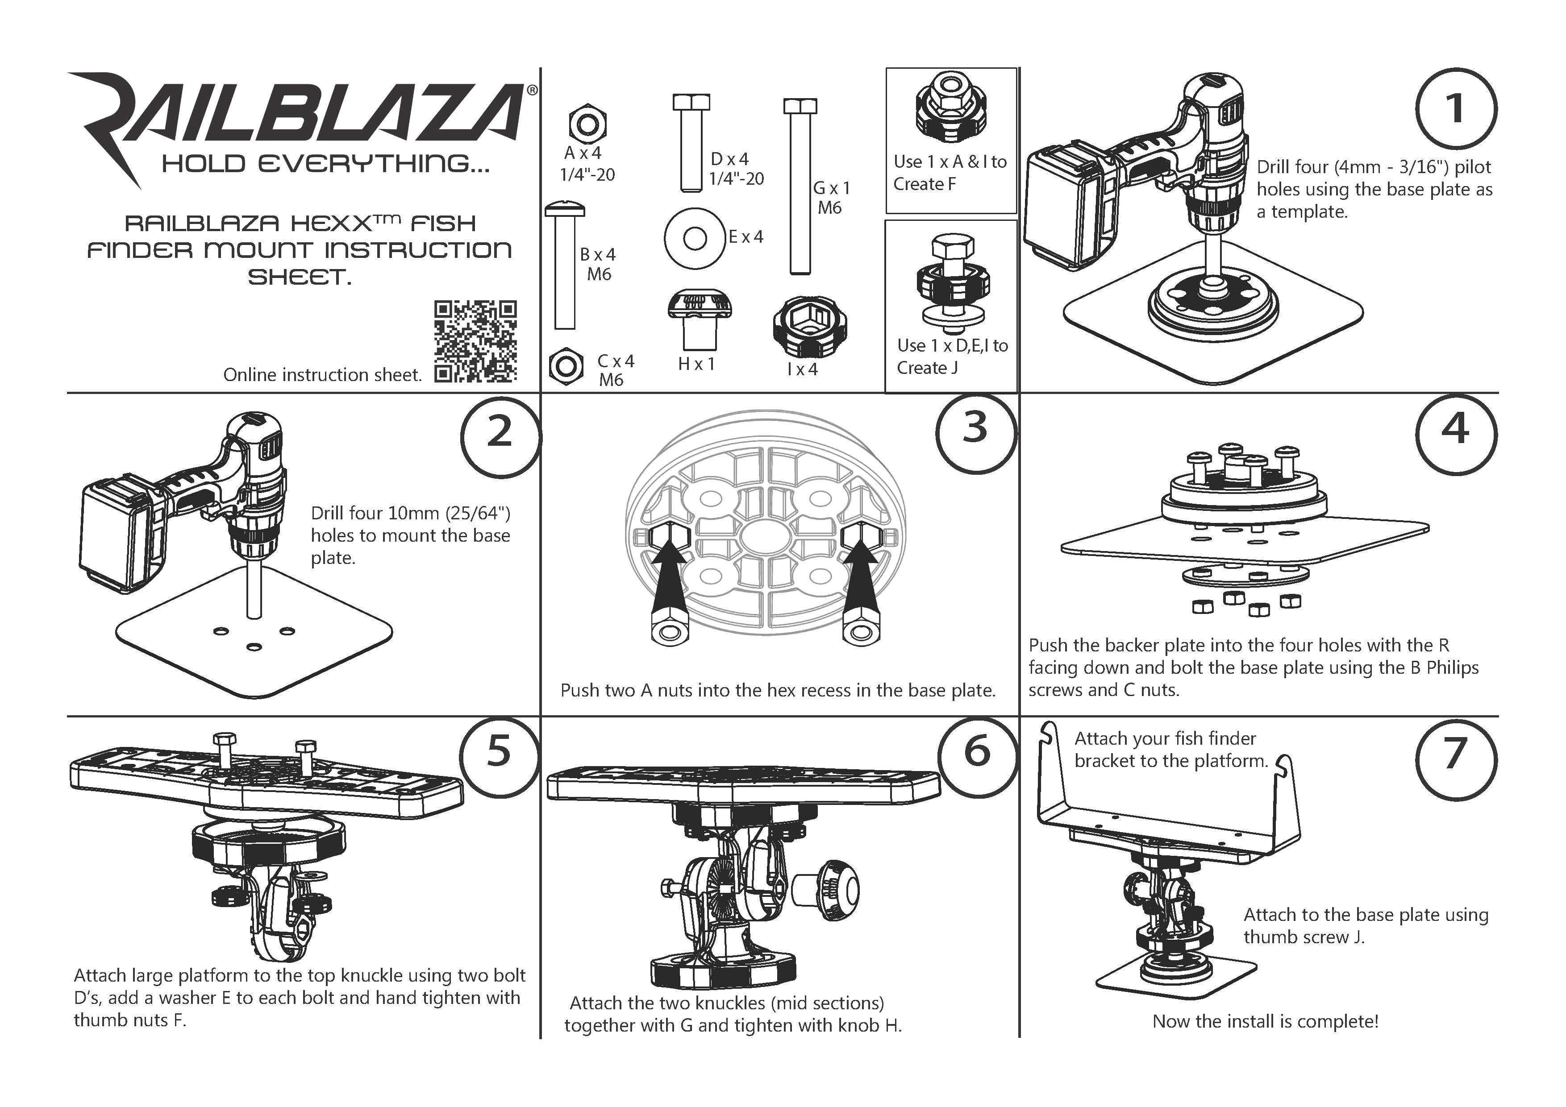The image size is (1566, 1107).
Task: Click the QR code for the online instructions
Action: [475, 341]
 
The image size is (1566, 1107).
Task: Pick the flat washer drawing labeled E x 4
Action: [694, 239]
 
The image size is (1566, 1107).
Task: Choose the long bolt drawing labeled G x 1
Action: [800, 187]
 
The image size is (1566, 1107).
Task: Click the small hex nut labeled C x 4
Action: [566, 367]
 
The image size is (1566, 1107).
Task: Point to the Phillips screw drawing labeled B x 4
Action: [565, 266]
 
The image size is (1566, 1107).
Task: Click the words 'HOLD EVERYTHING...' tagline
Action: [325, 164]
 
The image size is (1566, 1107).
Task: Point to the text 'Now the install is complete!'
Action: [1265, 1021]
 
